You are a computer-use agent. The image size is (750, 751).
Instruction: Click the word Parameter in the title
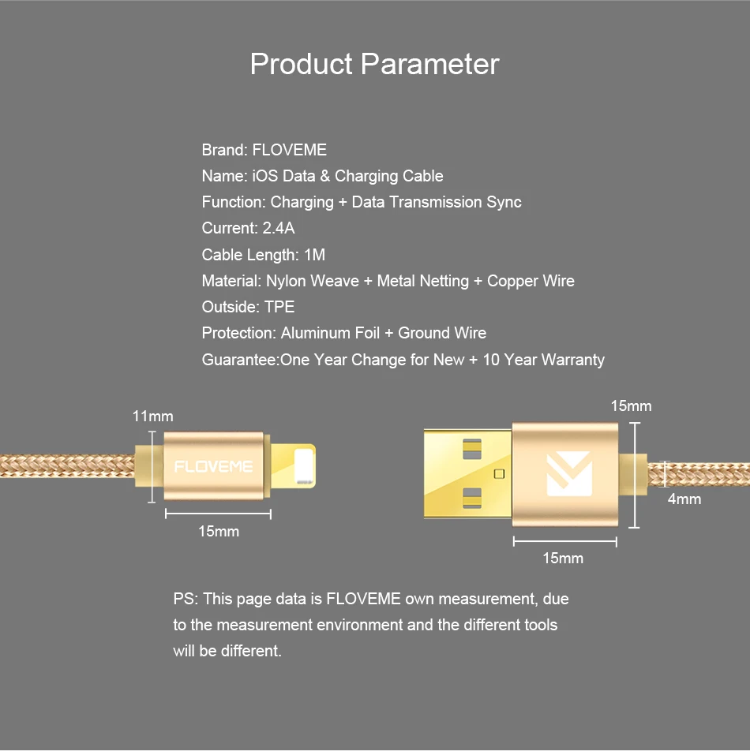pyautogui.click(x=430, y=64)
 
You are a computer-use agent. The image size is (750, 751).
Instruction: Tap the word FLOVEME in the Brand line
pyautogui.click(x=290, y=150)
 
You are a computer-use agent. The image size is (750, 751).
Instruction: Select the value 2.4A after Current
pyautogui.click(x=279, y=228)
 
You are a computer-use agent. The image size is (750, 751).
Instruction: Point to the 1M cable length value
pyautogui.click(x=315, y=255)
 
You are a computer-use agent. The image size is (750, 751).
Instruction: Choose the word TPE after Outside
pyautogui.click(x=279, y=307)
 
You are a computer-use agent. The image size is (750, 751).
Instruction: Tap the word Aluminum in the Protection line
pyautogui.click(x=330, y=333)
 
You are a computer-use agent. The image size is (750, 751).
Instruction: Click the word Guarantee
pyautogui.click(x=239, y=360)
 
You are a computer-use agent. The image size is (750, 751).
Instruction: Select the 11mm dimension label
pyautogui.click(x=153, y=417)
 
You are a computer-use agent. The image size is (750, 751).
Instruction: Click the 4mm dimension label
pyautogui.click(x=684, y=499)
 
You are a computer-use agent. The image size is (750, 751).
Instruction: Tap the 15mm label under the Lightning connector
pyautogui.click(x=219, y=531)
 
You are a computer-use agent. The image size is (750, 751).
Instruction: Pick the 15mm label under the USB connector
pyautogui.click(x=563, y=558)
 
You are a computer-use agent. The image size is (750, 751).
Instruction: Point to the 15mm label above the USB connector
pyautogui.click(x=631, y=406)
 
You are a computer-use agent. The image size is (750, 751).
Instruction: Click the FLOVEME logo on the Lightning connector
pyautogui.click(x=213, y=466)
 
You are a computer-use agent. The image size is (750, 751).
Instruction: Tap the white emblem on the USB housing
pyautogui.click(x=569, y=474)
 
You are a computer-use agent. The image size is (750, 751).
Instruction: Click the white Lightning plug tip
pyautogui.click(x=304, y=466)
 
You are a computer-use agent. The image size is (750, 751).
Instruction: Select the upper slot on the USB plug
pyautogui.click(x=472, y=450)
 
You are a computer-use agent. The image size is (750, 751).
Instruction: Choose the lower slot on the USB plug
pyautogui.click(x=472, y=498)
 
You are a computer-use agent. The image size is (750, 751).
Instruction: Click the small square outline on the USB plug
pyautogui.click(x=500, y=473)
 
